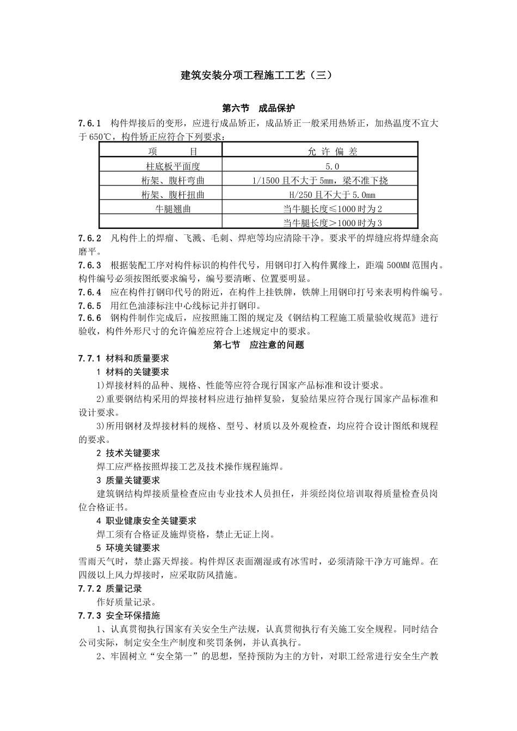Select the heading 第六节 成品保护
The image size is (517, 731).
click(x=258, y=108)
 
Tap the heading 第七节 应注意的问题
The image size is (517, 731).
click(x=258, y=345)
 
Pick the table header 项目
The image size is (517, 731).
click(x=173, y=152)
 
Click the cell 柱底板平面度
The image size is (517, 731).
click(x=173, y=166)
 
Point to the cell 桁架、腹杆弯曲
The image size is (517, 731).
click(x=173, y=181)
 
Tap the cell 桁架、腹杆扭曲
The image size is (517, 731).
click(x=173, y=195)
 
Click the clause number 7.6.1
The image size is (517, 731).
click(x=90, y=123)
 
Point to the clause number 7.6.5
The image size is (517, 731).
click(x=90, y=305)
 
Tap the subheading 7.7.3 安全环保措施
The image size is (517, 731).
click(x=119, y=616)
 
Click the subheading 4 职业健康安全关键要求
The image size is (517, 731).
click(x=146, y=521)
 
